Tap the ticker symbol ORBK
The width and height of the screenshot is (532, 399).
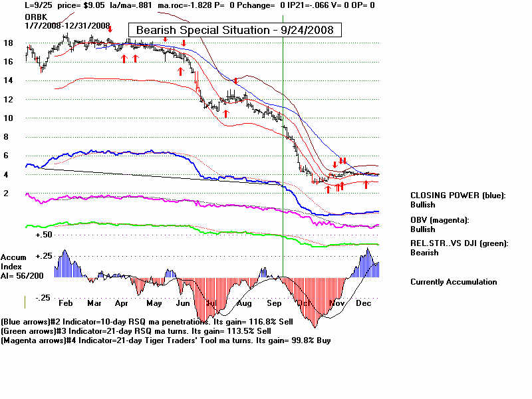[35, 15]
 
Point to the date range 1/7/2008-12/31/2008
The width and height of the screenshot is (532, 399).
[67, 25]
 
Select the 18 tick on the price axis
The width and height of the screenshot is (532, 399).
[9, 43]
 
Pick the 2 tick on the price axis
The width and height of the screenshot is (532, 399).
[7, 193]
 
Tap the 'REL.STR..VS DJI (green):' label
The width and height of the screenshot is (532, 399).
[459, 243]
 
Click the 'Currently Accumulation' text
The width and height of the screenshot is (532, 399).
[454, 282]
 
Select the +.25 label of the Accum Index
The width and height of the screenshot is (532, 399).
[44, 256]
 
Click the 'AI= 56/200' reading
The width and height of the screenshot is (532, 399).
[23, 275]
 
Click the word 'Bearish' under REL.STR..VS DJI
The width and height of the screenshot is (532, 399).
[424, 253]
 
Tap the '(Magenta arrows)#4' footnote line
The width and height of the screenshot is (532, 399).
[165, 340]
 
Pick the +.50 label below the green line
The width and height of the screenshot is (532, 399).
[44, 235]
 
